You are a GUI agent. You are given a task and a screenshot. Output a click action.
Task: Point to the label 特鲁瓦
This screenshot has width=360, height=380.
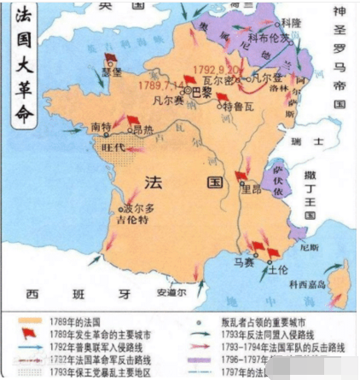coord(236,107)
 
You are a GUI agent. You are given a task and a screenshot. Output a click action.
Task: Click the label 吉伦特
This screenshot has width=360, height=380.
coord(133,220)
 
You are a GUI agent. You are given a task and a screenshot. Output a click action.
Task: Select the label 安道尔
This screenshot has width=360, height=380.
coord(171,291)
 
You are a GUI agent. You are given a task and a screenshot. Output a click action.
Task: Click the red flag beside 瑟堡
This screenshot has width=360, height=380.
coord(110,59)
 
